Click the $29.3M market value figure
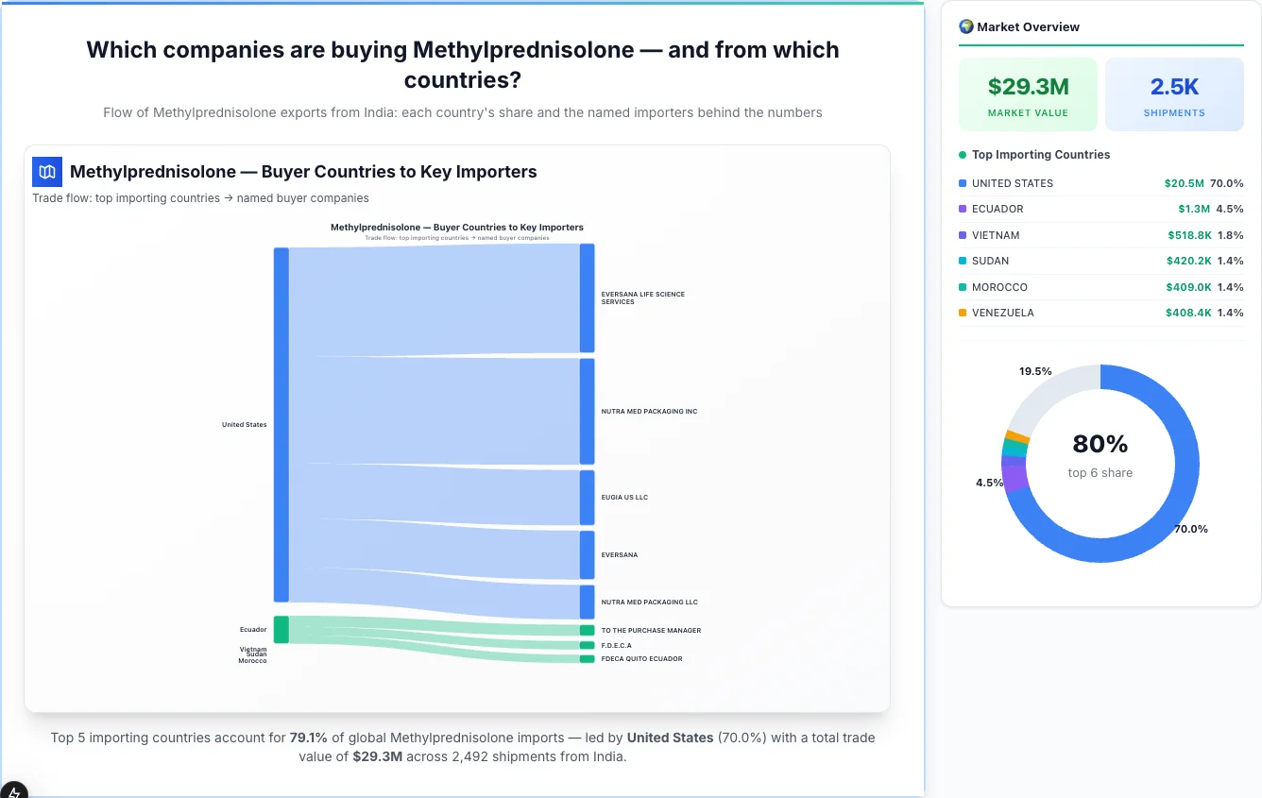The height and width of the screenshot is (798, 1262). (x=1028, y=87)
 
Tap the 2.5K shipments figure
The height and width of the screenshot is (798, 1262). (x=1174, y=87)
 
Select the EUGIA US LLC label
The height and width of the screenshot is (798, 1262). (x=624, y=498)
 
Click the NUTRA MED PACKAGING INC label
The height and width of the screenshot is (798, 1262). (x=649, y=412)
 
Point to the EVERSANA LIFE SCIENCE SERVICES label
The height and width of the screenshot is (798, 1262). (x=642, y=298)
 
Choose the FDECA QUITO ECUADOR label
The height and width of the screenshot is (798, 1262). (x=641, y=659)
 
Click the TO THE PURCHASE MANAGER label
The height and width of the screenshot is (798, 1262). (x=651, y=631)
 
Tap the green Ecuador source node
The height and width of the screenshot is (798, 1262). (x=281, y=629)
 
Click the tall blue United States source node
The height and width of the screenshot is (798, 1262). (x=281, y=424)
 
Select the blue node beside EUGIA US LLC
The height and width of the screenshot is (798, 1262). (x=588, y=498)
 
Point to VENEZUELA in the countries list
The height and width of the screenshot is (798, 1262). (x=1002, y=313)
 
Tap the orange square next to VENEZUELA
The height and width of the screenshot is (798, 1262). (x=963, y=313)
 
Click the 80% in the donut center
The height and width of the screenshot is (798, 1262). (x=1100, y=444)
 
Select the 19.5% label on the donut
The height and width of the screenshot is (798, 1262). (x=1035, y=371)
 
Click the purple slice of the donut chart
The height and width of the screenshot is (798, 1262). (x=1014, y=478)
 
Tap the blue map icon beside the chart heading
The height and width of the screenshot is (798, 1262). (x=47, y=172)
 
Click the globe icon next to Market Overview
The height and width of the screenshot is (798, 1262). (x=966, y=26)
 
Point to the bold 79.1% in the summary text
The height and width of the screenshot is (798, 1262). (x=308, y=738)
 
